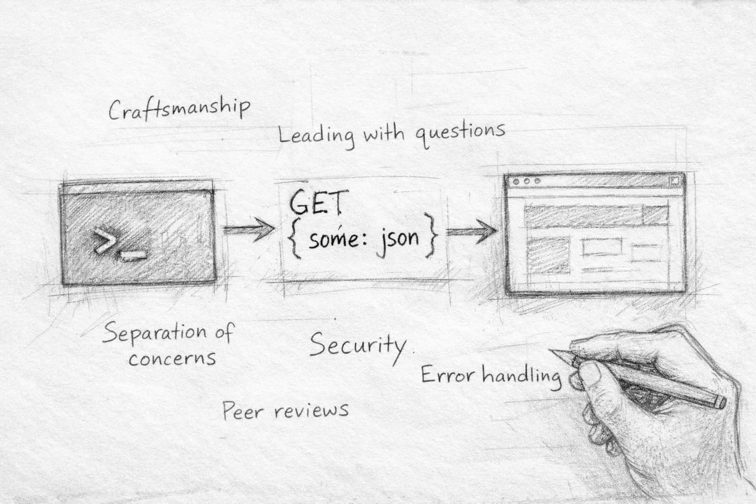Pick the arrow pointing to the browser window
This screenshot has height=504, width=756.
471,230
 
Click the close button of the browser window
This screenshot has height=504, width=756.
674,181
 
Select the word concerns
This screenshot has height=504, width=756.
172,358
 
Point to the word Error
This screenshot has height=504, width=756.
447,376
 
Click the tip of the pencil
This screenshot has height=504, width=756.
553,351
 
